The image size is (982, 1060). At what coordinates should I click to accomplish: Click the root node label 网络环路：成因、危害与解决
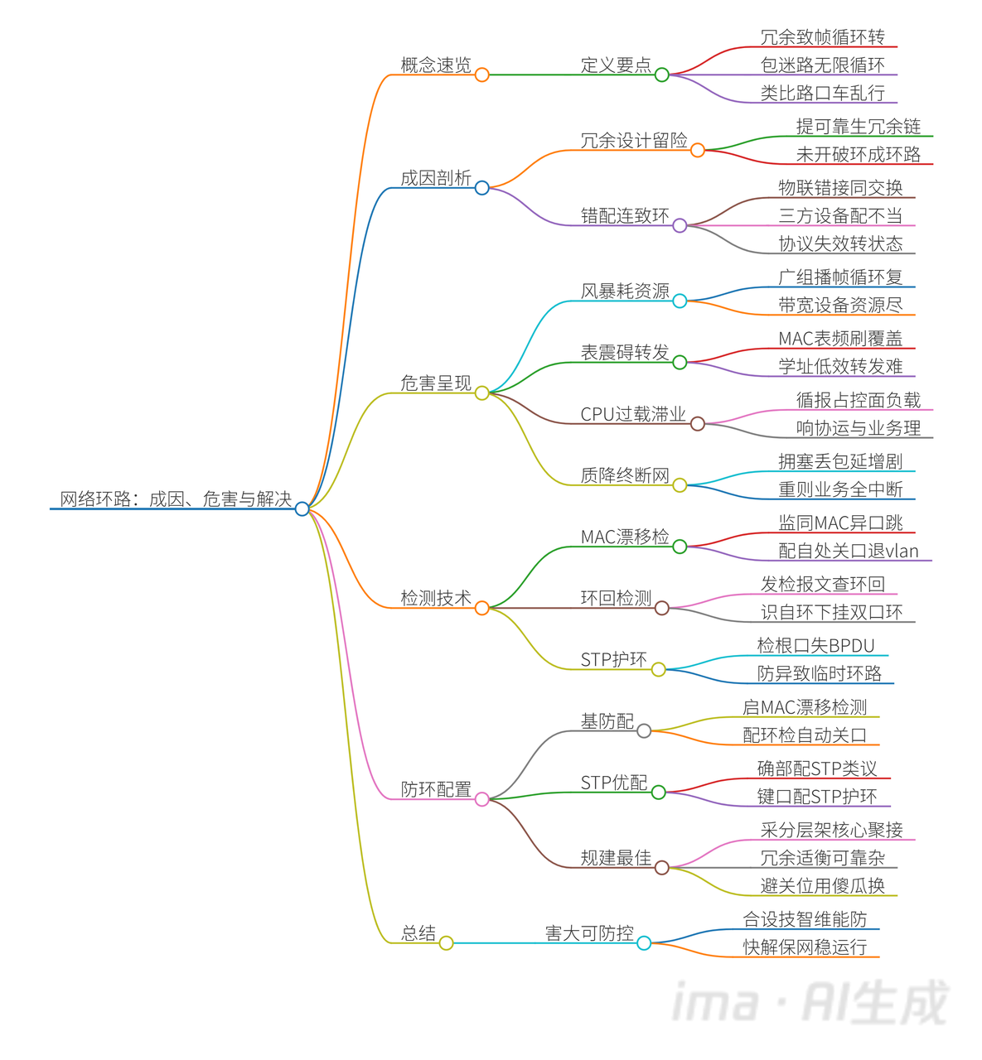176,499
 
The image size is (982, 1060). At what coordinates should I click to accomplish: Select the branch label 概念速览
435,65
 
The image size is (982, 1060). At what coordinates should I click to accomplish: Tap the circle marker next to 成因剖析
482,188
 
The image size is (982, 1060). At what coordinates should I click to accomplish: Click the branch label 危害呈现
435,383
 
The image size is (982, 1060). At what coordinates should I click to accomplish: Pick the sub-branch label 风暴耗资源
625,291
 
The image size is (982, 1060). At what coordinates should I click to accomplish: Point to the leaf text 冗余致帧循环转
822,37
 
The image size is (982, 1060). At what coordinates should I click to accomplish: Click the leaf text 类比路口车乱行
822,93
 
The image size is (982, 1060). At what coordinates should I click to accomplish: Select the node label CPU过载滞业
633,414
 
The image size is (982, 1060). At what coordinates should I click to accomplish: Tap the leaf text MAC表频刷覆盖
840,338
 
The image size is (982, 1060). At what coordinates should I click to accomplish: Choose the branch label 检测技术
435,598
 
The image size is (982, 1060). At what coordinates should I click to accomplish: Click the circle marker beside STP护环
659,669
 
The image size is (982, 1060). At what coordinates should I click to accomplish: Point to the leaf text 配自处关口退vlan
849,551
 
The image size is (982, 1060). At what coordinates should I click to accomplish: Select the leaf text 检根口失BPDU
815,645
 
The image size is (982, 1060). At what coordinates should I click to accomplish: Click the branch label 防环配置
435,789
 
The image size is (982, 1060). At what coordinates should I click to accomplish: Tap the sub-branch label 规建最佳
616,858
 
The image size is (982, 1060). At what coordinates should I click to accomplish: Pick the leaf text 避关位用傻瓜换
822,885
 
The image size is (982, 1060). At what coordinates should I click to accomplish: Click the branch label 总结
418,933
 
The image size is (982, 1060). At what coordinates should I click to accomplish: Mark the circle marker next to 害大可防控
644,943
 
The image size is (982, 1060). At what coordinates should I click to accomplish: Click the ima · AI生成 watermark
809,1003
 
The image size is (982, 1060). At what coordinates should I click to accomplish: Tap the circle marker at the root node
302,508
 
